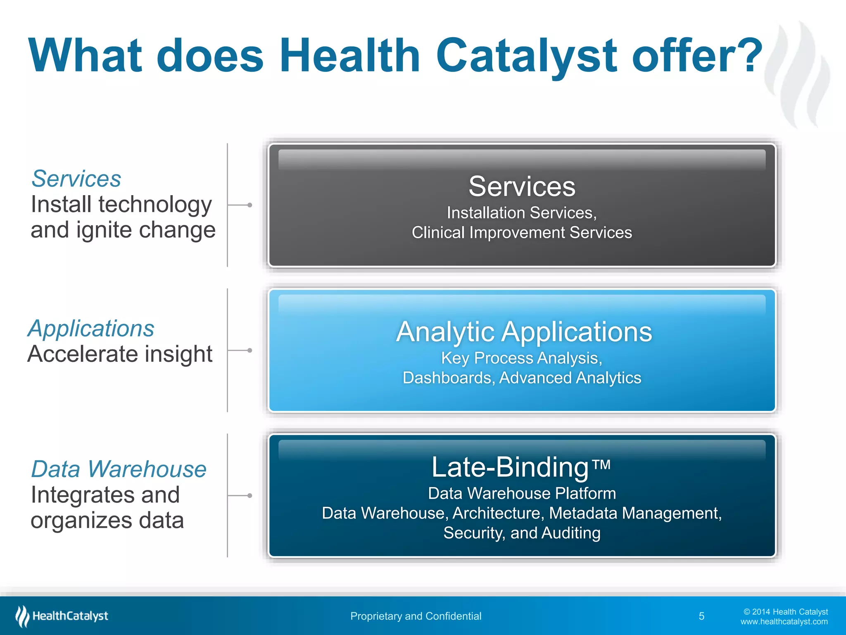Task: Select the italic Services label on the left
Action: (x=76, y=179)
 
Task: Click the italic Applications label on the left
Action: (x=91, y=329)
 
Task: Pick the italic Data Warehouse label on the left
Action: (x=119, y=469)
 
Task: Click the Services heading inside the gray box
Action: (x=522, y=186)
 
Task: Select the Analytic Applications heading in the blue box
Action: (x=524, y=332)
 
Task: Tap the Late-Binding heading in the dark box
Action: (x=510, y=468)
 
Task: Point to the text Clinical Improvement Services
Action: (x=522, y=233)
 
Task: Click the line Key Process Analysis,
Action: (x=522, y=358)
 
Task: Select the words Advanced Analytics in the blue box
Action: (x=570, y=378)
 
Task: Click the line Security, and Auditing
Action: (x=522, y=533)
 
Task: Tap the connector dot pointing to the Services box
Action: (x=250, y=205)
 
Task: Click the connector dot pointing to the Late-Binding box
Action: (x=250, y=495)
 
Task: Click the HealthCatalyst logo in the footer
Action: (x=62, y=616)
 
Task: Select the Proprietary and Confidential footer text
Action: (x=416, y=616)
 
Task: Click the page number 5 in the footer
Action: (x=701, y=616)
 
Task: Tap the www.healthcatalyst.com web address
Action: (x=784, y=622)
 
